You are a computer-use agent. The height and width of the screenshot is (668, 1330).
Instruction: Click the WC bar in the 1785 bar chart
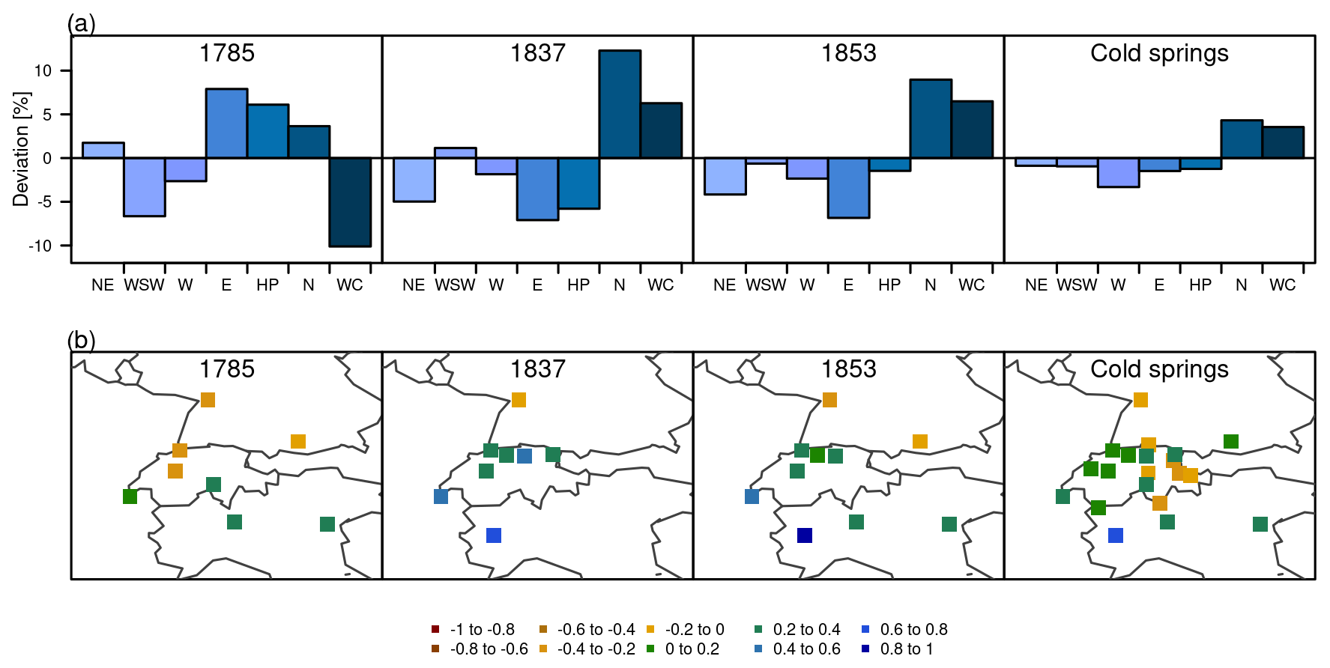click(350, 201)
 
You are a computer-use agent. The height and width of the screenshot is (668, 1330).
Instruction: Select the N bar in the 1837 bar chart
click(620, 104)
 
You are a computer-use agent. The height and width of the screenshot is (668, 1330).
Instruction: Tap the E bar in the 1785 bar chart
click(226, 124)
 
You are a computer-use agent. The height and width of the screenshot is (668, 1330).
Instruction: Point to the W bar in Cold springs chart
click(1118, 172)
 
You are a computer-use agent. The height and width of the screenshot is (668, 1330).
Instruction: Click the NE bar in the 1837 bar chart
click(414, 180)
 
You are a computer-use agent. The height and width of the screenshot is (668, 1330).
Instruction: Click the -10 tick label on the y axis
click(40, 246)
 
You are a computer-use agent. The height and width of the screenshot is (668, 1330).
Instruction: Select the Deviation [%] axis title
click(21, 149)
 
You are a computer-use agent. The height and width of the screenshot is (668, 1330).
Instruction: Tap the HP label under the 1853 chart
click(889, 285)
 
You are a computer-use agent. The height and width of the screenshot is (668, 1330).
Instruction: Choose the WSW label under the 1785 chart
click(144, 285)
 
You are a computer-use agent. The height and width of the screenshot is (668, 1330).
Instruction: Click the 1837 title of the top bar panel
click(537, 53)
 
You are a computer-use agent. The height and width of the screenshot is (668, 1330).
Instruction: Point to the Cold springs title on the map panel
click(1159, 369)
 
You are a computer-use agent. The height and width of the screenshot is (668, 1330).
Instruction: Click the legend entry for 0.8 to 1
click(898, 649)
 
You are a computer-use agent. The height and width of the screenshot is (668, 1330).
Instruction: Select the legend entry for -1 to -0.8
click(474, 630)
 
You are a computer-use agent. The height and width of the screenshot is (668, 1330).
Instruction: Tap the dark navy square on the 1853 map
click(805, 535)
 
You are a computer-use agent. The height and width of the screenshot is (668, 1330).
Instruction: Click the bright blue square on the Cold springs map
click(1116, 535)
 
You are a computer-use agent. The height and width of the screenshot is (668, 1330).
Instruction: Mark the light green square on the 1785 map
click(130, 497)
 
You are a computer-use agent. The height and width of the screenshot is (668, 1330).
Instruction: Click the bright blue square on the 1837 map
click(494, 535)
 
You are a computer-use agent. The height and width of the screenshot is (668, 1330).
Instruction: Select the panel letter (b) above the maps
click(82, 341)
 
